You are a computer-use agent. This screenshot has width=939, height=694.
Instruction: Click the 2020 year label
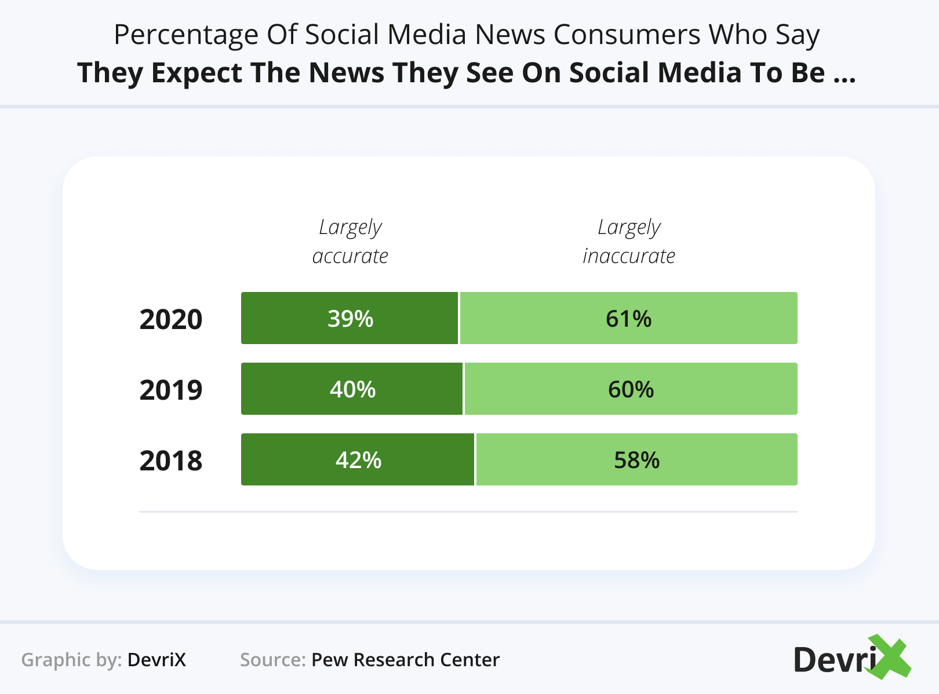click(x=171, y=319)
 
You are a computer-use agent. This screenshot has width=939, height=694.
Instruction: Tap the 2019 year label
click(x=171, y=390)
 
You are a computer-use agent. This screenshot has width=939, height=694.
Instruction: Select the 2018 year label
click(x=171, y=461)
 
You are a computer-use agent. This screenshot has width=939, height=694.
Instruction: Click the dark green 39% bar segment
click(x=350, y=318)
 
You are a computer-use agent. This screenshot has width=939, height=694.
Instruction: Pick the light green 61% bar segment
click(x=628, y=318)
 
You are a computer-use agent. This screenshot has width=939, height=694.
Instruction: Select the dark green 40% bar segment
click(x=352, y=389)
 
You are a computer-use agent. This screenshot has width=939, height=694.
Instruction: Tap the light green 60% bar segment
click(x=631, y=389)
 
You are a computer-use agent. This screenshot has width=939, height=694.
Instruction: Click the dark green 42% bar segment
click(x=358, y=459)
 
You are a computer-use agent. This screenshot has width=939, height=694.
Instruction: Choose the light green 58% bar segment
click(x=636, y=459)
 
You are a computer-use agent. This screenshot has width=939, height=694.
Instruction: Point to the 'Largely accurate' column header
click(x=350, y=242)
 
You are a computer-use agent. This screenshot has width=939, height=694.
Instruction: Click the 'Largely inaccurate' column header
click(x=629, y=242)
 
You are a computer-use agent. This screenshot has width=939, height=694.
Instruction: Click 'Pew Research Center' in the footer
click(x=405, y=660)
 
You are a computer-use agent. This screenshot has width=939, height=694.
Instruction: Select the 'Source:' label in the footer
click(x=272, y=660)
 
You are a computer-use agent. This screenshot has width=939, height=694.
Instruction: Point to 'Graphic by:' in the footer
click(x=71, y=660)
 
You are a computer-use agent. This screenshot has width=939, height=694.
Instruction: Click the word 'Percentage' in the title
click(x=186, y=35)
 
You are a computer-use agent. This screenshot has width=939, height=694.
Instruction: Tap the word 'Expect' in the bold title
click(x=197, y=73)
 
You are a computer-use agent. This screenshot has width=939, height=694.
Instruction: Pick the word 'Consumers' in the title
click(x=627, y=35)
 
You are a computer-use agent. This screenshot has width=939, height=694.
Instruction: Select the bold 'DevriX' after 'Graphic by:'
click(x=156, y=660)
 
